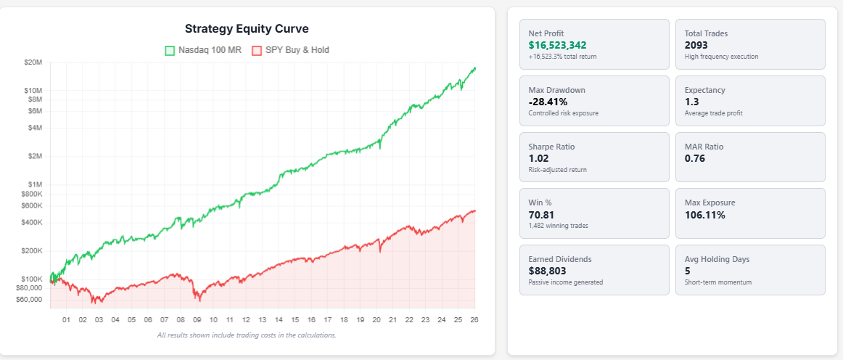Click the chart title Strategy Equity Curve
point(247,29)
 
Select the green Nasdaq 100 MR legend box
point(170,51)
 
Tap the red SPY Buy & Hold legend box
point(257,51)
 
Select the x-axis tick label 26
point(474,319)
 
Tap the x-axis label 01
point(66,319)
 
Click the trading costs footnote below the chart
point(247,335)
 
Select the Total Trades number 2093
point(697,45)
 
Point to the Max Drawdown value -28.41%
point(548,102)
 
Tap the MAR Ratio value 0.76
point(695,158)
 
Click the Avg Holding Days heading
point(717,259)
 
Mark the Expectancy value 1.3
point(691,102)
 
